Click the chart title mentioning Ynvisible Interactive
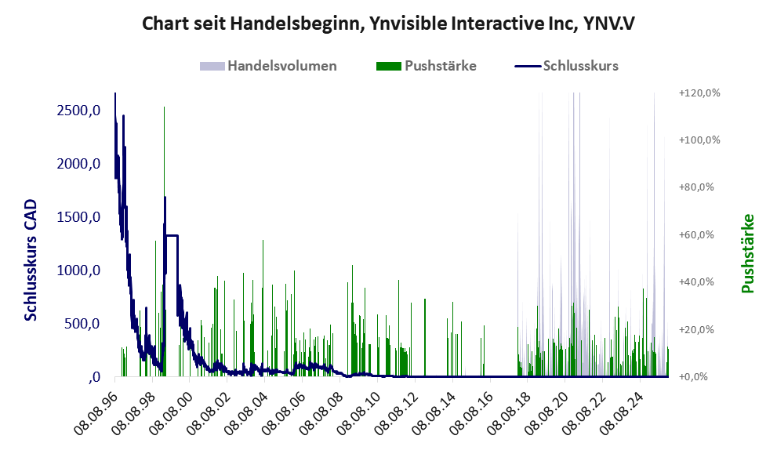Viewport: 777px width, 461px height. coord(388,24)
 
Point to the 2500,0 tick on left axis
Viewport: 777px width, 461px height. coord(78,111)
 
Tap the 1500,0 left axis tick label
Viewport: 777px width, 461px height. coord(78,217)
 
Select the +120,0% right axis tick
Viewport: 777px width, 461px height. coord(698,93)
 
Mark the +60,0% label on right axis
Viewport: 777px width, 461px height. coord(698,235)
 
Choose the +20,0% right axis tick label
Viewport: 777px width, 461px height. coord(698,330)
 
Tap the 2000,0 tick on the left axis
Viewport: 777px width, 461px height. coord(78,164)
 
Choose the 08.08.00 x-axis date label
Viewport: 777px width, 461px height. coord(174,411)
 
